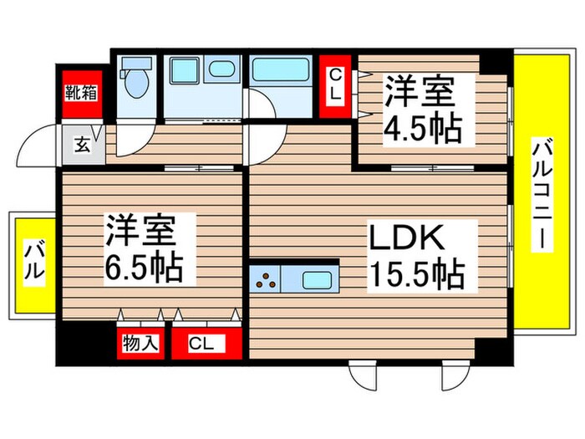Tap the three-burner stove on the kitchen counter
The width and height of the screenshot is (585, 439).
pos(269,279)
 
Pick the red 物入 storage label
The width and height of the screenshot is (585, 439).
pos(141,342)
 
